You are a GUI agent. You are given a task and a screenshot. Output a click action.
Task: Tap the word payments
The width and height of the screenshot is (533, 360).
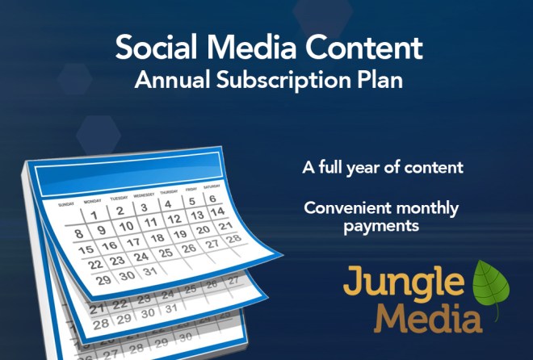(x=380, y=227)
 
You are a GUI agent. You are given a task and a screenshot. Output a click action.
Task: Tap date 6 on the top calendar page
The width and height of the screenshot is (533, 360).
(x=211, y=199)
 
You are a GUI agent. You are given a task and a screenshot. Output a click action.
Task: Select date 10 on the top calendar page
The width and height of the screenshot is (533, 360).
(x=127, y=228)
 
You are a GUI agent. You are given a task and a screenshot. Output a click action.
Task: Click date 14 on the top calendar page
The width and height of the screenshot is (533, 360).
(x=216, y=213)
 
